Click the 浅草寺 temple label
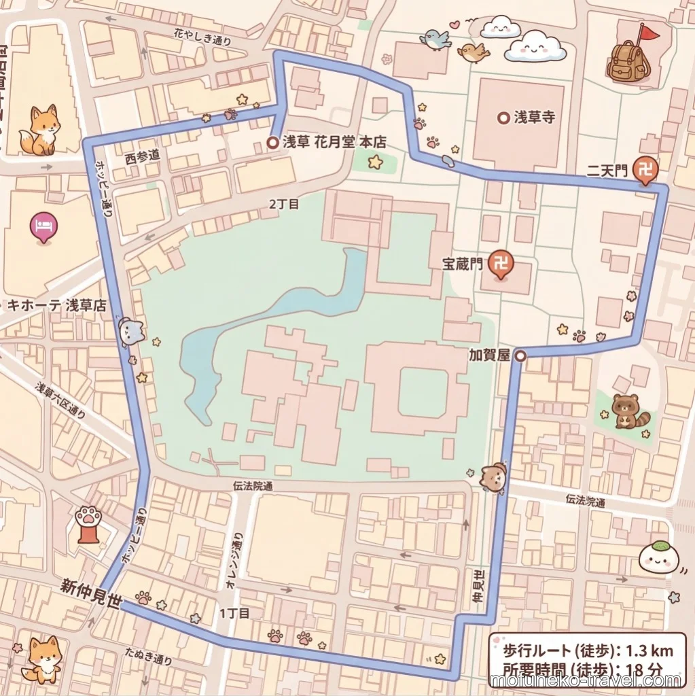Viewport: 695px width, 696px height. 534,118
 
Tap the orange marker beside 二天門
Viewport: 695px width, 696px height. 644,171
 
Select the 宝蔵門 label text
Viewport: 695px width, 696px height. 462,262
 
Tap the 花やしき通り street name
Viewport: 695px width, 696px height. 202,37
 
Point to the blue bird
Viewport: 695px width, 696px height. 435,40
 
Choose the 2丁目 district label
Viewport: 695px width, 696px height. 283,203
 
